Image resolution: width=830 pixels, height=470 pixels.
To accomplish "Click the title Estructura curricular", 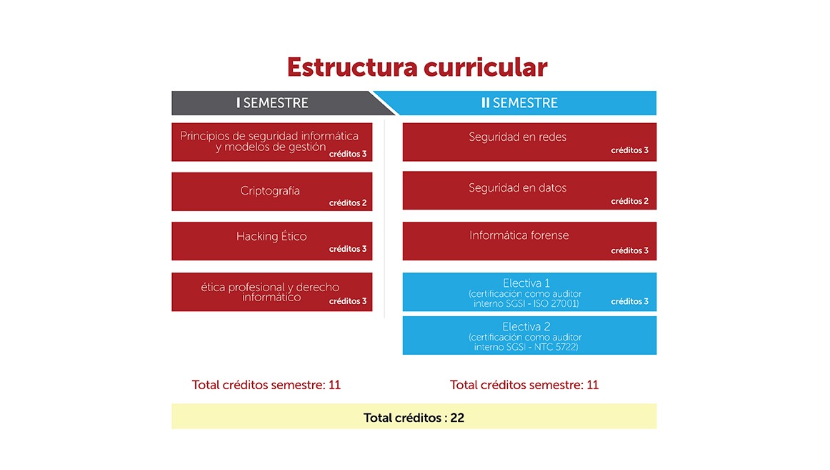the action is tap(417, 67).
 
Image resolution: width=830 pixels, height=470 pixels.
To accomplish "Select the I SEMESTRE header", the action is tap(273, 103).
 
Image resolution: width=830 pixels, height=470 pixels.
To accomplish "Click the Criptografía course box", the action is tap(271, 191).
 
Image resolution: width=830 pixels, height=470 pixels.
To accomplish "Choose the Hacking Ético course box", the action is tap(271, 240).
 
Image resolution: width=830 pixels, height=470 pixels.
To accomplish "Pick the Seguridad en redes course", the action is tap(529, 142).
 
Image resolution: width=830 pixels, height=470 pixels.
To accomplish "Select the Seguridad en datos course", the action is tap(529, 190).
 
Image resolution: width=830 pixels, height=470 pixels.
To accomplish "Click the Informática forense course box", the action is tap(529, 241).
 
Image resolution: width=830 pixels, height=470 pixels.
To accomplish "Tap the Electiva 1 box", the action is tap(529, 292).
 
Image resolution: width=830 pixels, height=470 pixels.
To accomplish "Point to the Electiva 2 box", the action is tap(529, 336).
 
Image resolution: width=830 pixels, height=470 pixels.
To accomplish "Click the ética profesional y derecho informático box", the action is tap(271, 292).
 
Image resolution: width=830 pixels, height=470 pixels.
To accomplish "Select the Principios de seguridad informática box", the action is tap(271, 142).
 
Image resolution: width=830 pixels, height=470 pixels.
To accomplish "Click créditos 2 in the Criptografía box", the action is tap(348, 203).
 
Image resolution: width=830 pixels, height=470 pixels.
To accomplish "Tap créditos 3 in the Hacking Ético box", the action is tap(348, 249).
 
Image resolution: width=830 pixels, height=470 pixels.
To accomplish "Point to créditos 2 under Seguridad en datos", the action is tap(629, 201).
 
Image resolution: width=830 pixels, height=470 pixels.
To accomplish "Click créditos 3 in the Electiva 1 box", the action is tap(629, 301).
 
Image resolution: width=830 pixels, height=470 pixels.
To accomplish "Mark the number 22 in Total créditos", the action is tap(457, 418).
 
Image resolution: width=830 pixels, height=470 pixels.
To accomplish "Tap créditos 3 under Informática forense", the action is tap(629, 250).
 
